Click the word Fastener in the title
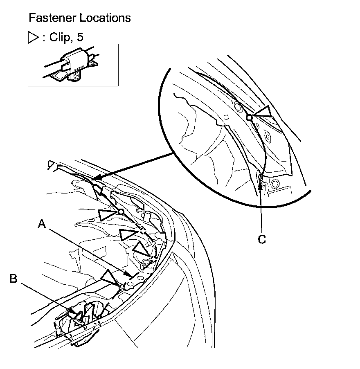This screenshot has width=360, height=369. click(48, 18)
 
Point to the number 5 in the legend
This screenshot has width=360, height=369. click(80, 38)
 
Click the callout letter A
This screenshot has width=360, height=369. click(41, 224)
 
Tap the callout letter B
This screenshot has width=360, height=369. click(13, 279)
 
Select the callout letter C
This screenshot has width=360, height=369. click(262, 239)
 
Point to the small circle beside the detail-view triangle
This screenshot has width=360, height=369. click(249, 117)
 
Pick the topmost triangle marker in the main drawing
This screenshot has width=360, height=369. click(107, 214)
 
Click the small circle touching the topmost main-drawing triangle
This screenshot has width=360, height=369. click(121, 211)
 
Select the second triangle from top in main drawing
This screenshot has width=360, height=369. click(128, 234)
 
